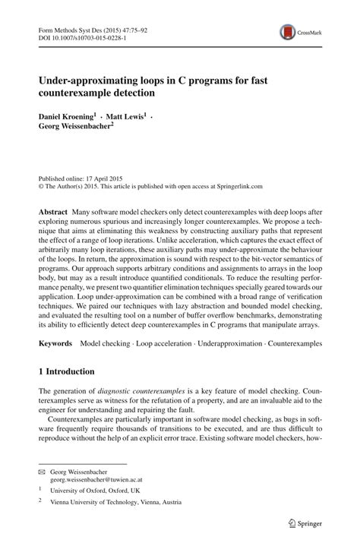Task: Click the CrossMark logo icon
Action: click(x=288, y=32)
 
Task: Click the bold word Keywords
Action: click(x=56, y=343)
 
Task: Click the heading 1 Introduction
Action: click(x=67, y=371)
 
